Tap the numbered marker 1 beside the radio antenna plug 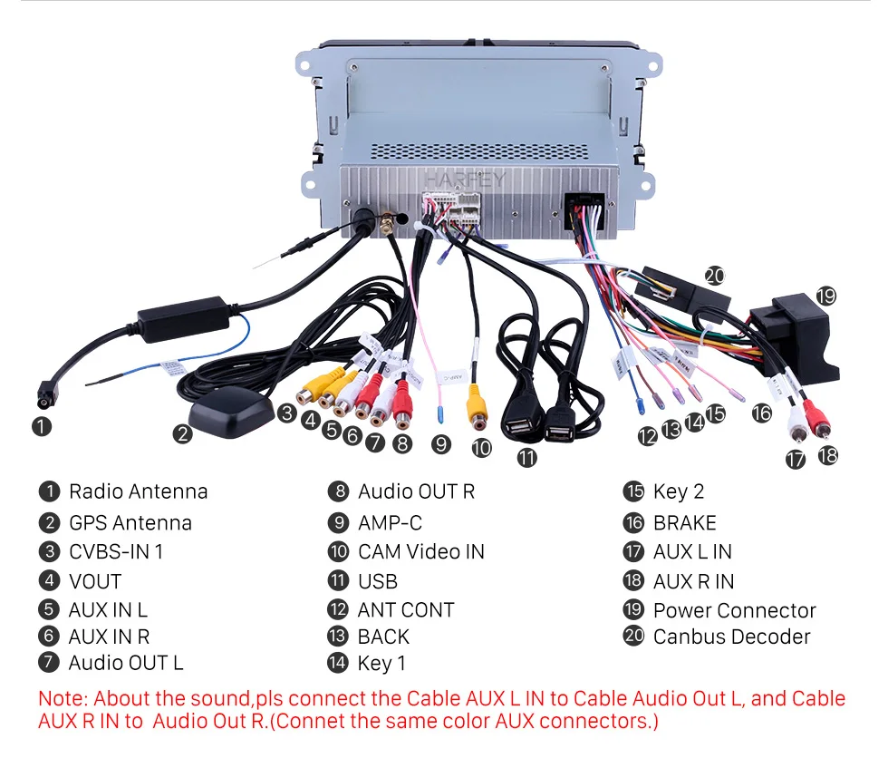pyautogui.click(x=42, y=424)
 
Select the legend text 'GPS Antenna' pyautogui.click(x=130, y=523)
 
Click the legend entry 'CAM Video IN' pyautogui.click(x=420, y=551)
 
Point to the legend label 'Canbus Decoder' pyautogui.click(x=731, y=637)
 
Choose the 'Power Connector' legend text pyautogui.click(x=734, y=610)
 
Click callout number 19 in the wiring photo pyautogui.click(x=825, y=296)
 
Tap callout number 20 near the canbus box pyautogui.click(x=716, y=276)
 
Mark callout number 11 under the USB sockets pyautogui.click(x=526, y=457)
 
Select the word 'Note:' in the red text pyautogui.click(x=63, y=699)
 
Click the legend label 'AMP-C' pyautogui.click(x=390, y=523)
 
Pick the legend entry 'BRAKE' pyautogui.click(x=684, y=523)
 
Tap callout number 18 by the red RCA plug pyautogui.click(x=828, y=455)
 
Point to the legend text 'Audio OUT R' pyautogui.click(x=416, y=491)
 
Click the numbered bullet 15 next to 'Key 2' pyautogui.click(x=633, y=491)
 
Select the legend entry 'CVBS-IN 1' pyautogui.click(x=116, y=551)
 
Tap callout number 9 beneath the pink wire pyautogui.click(x=441, y=444)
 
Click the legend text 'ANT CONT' pyautogui.click(x=405, y=610)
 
